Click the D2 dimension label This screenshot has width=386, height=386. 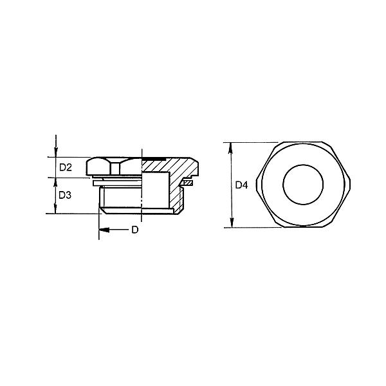[x=66, y=168]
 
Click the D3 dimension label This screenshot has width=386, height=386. [x=65, y=195]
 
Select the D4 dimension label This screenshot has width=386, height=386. [x=241, y=185]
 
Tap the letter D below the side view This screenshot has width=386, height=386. [x=135, y=230]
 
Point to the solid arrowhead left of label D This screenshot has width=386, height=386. [x=104, y=230]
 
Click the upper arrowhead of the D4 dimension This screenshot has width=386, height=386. [x=231, y=148]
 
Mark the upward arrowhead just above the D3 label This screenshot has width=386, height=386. [x=55, y=183]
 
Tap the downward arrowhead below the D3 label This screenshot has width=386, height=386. [x=55, y=208]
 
